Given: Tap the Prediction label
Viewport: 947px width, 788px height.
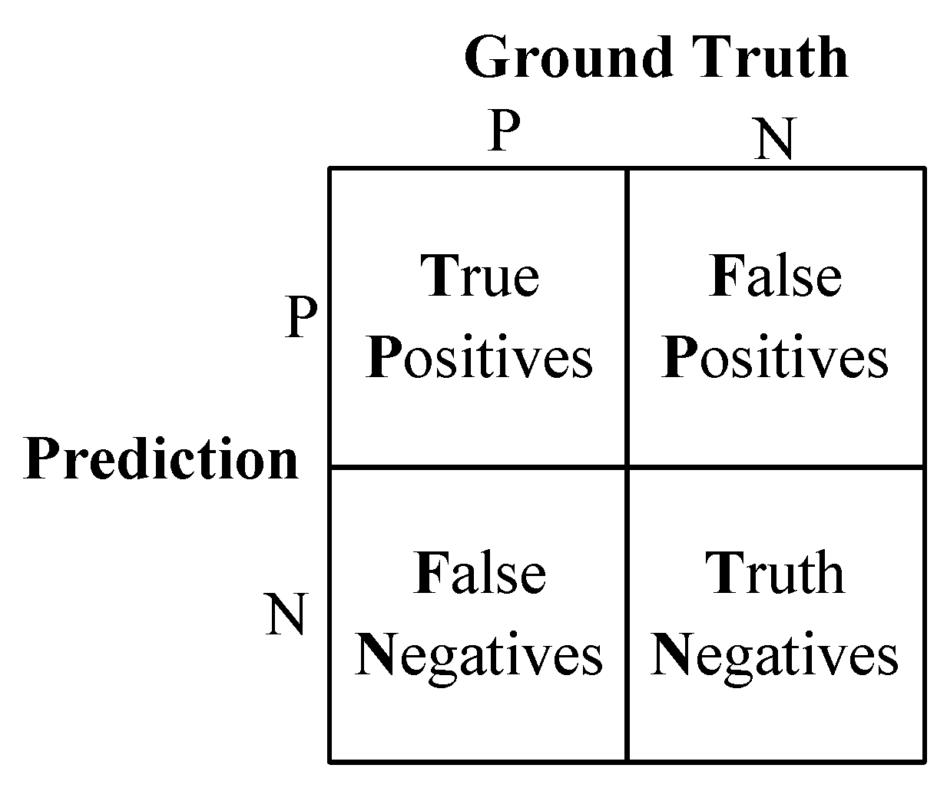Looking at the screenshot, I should pos(161,459).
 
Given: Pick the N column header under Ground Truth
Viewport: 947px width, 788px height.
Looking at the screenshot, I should pos(774,140).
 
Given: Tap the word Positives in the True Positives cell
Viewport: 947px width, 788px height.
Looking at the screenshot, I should pos(480,358).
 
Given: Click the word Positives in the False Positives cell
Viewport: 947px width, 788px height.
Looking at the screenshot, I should pos(775,358).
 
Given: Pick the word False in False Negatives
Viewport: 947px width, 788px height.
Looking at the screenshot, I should pos(480,574).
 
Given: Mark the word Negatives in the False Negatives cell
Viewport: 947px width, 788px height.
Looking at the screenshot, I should pos(478,656).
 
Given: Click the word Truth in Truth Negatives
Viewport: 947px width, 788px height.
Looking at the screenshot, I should pos(775,573).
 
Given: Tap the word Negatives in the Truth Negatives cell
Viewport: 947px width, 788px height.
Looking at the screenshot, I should pos(774,656).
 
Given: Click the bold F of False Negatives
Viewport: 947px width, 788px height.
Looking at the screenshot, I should pos(427,574).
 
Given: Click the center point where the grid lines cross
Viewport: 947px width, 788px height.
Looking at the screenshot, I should pos(627,466).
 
